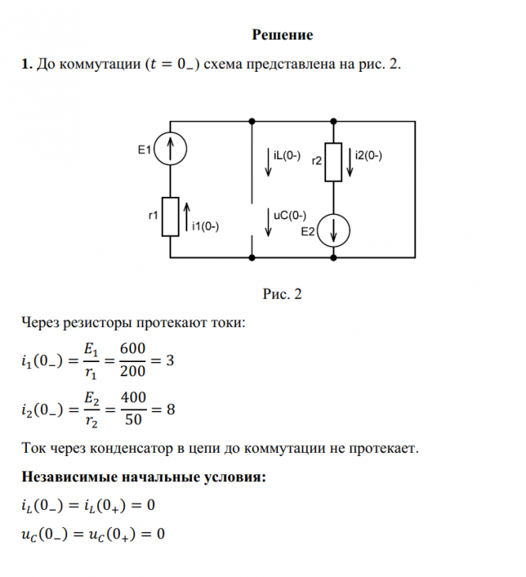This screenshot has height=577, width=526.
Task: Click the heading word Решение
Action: [282, 35]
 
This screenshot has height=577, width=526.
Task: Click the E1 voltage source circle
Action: [171, 149]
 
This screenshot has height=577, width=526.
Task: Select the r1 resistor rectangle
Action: [171, 217]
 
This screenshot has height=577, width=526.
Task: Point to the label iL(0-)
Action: [286, 157]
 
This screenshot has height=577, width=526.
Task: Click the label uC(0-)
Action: [288, 214]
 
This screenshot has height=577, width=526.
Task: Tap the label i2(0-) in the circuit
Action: [369, 156]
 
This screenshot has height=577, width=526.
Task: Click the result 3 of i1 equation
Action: [171, 361]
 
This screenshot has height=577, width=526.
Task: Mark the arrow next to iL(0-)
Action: [270, 161]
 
